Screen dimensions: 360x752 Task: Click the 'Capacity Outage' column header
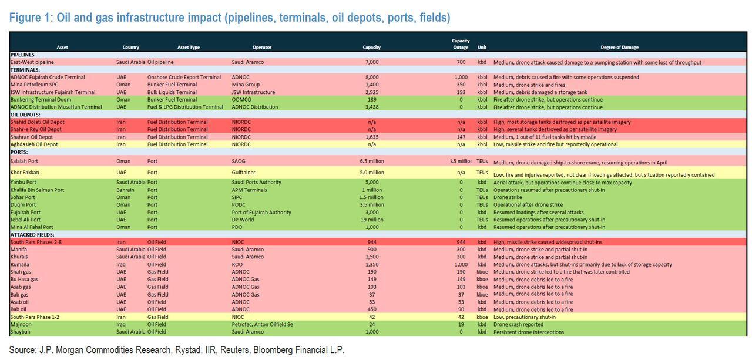pos(461,44)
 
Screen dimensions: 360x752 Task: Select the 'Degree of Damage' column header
pos(619,48)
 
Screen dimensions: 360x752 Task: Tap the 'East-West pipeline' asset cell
pos(32,62)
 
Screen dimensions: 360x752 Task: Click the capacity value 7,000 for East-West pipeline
pos(371,62)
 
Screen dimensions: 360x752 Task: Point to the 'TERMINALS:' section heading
pos(25,70)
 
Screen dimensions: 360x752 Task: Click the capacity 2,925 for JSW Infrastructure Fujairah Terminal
pos(371,92)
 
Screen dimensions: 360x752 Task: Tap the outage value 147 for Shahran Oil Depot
pos(461,137)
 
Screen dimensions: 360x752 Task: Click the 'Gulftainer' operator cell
pos(244,173)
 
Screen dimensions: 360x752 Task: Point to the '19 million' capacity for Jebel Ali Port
pos(371,220)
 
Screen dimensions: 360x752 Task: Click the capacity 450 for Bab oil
pos(371,309)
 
